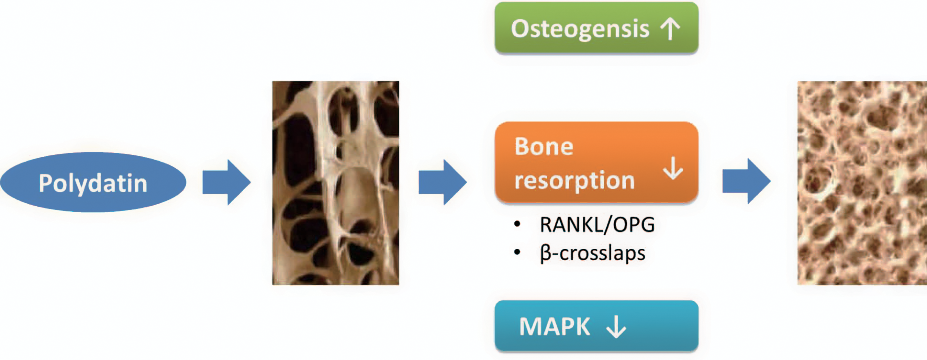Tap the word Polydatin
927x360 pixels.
click(93, 183)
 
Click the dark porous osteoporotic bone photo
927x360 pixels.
click(335, 183)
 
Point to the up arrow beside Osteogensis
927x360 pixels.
click(670, 29)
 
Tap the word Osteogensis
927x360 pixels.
click(580, 29)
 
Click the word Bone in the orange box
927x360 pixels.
click(543, 147)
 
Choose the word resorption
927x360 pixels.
click(574, 180)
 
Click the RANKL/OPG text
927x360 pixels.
click(597, 225)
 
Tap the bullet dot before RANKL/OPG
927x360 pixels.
click(517, 224)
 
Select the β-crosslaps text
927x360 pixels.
click(593, 253)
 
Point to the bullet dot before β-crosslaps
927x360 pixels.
click(517, 252)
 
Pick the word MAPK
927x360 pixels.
click(555, 327)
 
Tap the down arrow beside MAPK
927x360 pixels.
click(616, 327)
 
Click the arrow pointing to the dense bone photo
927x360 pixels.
click(747, 181)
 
